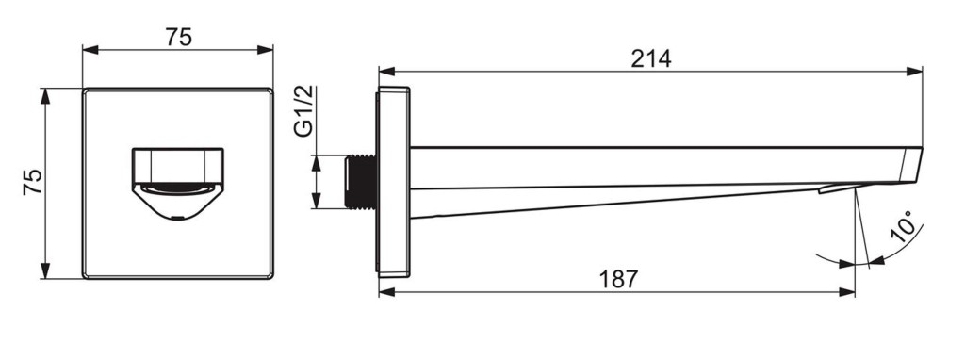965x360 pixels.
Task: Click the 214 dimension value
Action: [650, 59]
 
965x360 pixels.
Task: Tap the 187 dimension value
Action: [618, 279]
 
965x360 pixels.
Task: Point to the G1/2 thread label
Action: [303, 111]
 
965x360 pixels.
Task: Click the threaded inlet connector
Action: [361, 182]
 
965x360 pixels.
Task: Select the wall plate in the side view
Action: [393, 182]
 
